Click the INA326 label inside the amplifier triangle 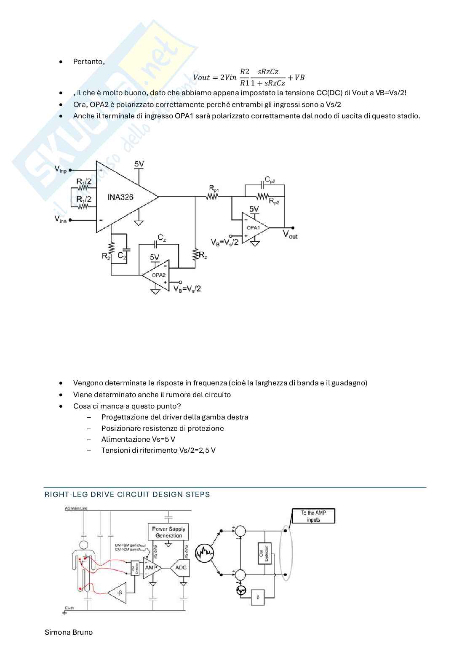coord(120,197)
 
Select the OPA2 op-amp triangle coord(155,275)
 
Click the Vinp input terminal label coord(61,169)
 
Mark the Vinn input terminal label coord(61,219)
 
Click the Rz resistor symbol coord(195,254)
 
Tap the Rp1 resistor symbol coord(212,196)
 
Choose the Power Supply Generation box coord(168,532)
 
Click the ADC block coord(181,567)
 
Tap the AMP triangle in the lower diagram coord(151,568)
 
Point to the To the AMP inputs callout coord(313,516)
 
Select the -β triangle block coord(119,593)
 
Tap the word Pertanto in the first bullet coord(88,61)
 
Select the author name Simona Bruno coord(69,632)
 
